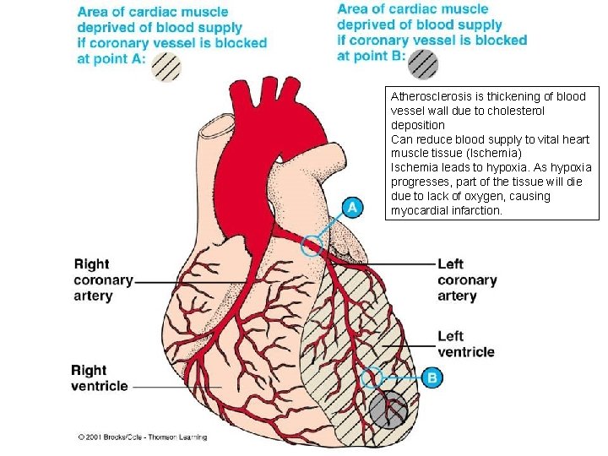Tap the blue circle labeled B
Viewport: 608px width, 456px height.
[x=432, y=377]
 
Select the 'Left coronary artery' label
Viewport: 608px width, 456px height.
[x=467, y=280]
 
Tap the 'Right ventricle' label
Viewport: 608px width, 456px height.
[x=100, y=377]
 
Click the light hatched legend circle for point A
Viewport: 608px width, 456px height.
[x=166, y=66]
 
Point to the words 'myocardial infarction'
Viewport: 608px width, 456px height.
[x=446, y=210]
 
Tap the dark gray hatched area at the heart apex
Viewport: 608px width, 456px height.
[x=388, y=411]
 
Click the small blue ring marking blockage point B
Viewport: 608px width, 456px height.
[x=372, y=377]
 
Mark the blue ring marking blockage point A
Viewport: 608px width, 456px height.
[x=313, y=244]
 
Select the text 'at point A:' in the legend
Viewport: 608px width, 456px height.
[x=111, y=58]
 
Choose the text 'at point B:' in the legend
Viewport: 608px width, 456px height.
[x=371, y=56]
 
